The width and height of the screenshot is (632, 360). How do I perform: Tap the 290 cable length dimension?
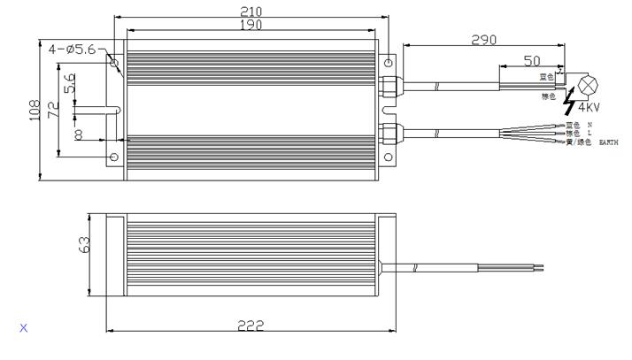click(483, 40)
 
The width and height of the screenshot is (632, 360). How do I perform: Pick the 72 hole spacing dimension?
click(52, 110)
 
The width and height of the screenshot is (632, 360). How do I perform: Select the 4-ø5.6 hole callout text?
click(73, 50)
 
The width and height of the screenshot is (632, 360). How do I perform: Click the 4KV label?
click(589, 108)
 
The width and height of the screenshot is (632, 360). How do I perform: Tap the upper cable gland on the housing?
click(387, 85)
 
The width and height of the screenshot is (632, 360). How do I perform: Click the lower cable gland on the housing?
click(387, 134)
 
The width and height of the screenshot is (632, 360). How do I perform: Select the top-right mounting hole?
click(389, 62)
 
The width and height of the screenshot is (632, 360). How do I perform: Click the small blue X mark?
click(24, 328)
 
